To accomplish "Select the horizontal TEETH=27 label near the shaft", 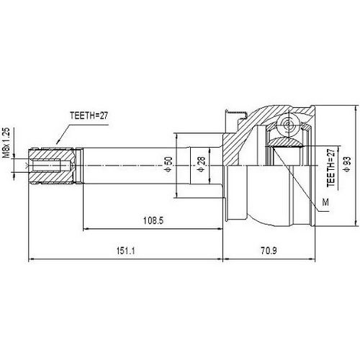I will click(x=89, y=114).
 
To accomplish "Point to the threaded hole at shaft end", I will click(x=45, y=168).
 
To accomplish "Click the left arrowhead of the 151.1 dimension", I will click(x=30, y=258).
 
